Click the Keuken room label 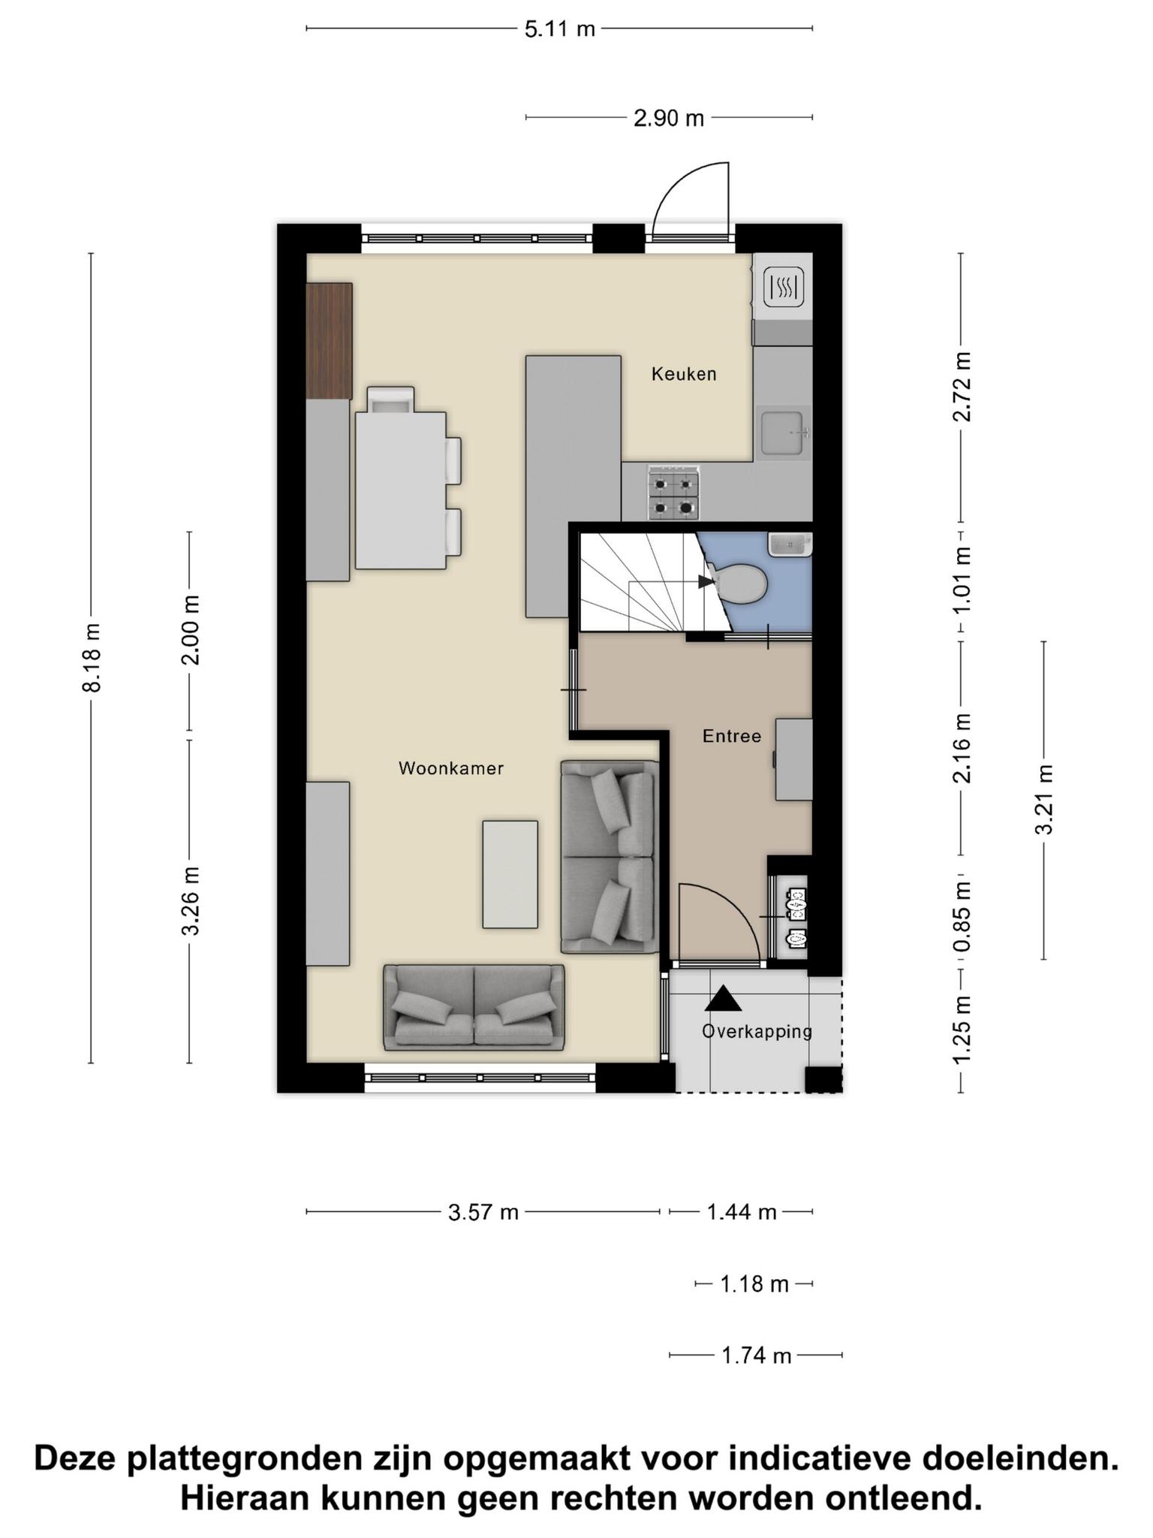(x=683, y=373)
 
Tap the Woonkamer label (x=450, y=768)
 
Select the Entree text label (x=731, y=736)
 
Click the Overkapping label (x=757, y=1031)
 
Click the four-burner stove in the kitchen (x=673, y=493)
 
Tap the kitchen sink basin (x=783, y=433)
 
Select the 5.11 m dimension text (x=559, y=29)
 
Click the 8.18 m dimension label (x=92, y=658)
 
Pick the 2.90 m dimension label (x=669, y=118)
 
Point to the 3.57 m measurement (x=483, y=1212)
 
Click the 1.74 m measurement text (x=757, y=1356)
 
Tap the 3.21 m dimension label (x=1044, y=800)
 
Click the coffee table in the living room (x=510, y=874)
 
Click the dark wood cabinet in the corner (x=330, y=341)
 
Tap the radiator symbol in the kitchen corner (x=784, y=286)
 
